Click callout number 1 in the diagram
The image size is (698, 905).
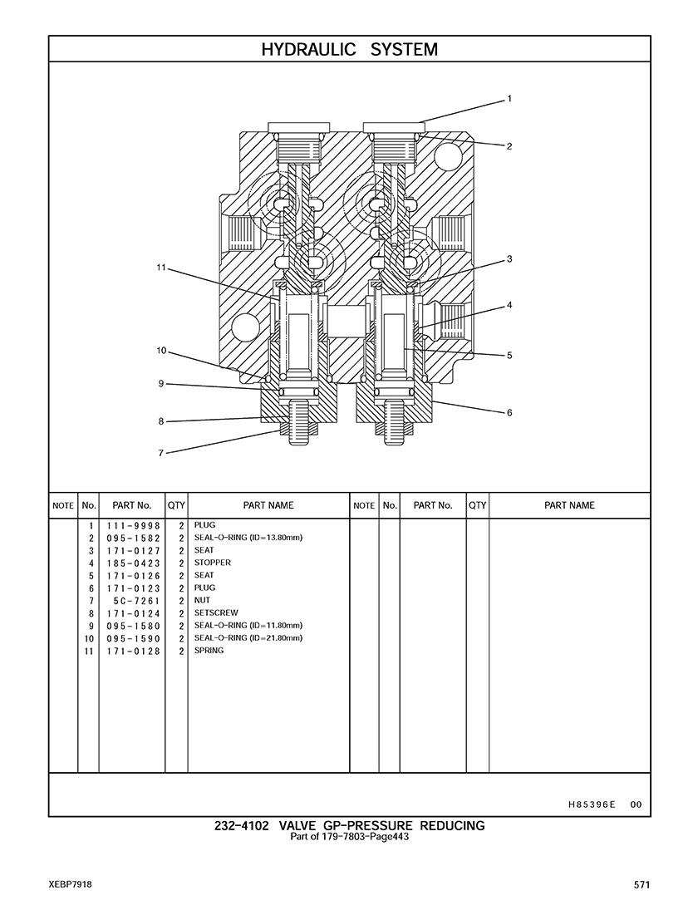(509, 99)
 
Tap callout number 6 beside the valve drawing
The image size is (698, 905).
(509, 413)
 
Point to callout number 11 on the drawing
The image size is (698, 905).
(161, 268)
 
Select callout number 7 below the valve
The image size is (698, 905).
(161, 453)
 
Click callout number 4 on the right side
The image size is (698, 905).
(509, 305)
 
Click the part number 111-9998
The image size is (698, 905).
(133, 526)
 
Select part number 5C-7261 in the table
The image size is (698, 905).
(137, 601)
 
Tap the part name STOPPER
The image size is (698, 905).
(213, 563)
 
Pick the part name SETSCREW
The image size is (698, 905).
(216, 613)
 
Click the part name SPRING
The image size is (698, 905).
(209, 651)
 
